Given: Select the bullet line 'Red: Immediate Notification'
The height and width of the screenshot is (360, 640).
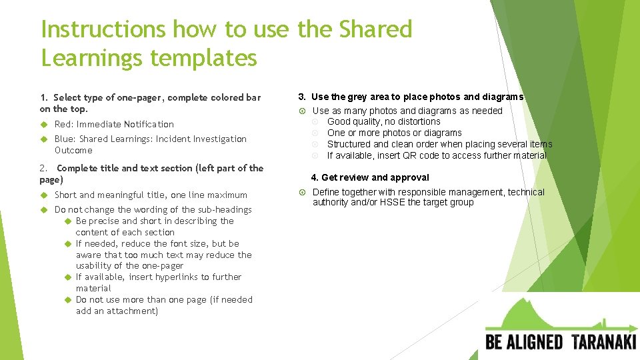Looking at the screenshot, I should coord(114,124).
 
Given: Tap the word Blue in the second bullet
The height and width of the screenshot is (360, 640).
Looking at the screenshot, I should coord(65,139).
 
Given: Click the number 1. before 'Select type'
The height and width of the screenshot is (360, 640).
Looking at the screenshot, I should coord(44,97).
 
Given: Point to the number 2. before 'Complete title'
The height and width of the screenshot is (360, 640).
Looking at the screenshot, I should coord(44,168).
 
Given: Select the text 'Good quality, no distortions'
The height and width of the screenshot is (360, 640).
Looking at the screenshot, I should coord(383,121).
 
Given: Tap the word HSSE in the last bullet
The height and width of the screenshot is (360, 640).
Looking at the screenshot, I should coord(393,202).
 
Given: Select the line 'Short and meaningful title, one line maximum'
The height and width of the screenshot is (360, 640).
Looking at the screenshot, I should coord(151,195).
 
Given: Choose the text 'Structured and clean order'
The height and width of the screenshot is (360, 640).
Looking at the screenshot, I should coord(383,144).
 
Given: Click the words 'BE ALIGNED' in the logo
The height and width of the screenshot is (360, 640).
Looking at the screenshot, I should coord(524,343).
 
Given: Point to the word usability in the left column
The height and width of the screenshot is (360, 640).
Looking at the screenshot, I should coord(98,265).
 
